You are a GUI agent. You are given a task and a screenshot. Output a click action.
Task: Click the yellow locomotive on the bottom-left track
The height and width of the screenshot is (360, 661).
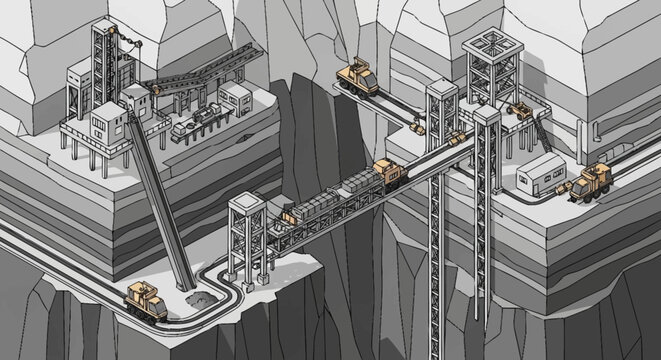coord(146,298)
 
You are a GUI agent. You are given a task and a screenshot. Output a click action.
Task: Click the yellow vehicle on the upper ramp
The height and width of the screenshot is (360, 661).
coord(357,76)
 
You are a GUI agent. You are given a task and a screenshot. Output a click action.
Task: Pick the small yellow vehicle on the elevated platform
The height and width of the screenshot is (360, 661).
coord(522,109)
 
